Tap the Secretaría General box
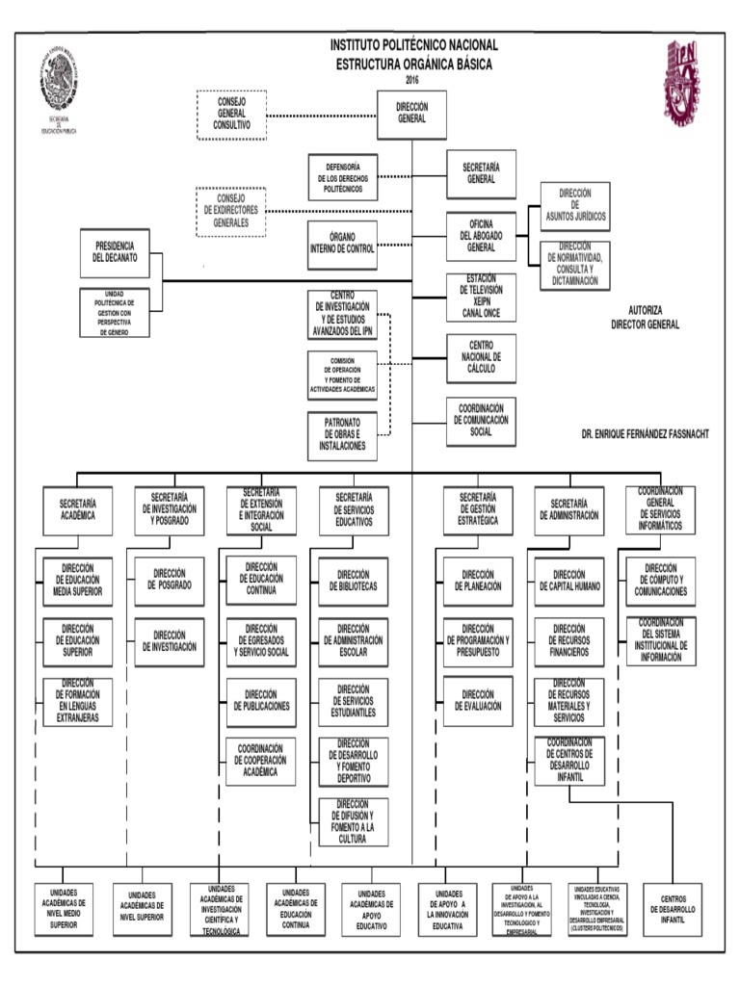pos(481,173)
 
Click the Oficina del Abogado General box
pos(481,234)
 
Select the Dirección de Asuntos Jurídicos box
pos(575,206)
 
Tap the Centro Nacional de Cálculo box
pos(481,357)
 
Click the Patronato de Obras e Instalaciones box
pos(342,436)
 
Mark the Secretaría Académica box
pos(77,509)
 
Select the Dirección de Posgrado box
pos(170,581)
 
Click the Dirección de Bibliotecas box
pos(354,581)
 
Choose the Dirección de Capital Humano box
pos(570,581)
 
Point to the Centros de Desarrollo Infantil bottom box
pos(673,909)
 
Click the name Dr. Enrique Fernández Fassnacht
pos(645,434)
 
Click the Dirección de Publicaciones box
pos(261,701)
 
